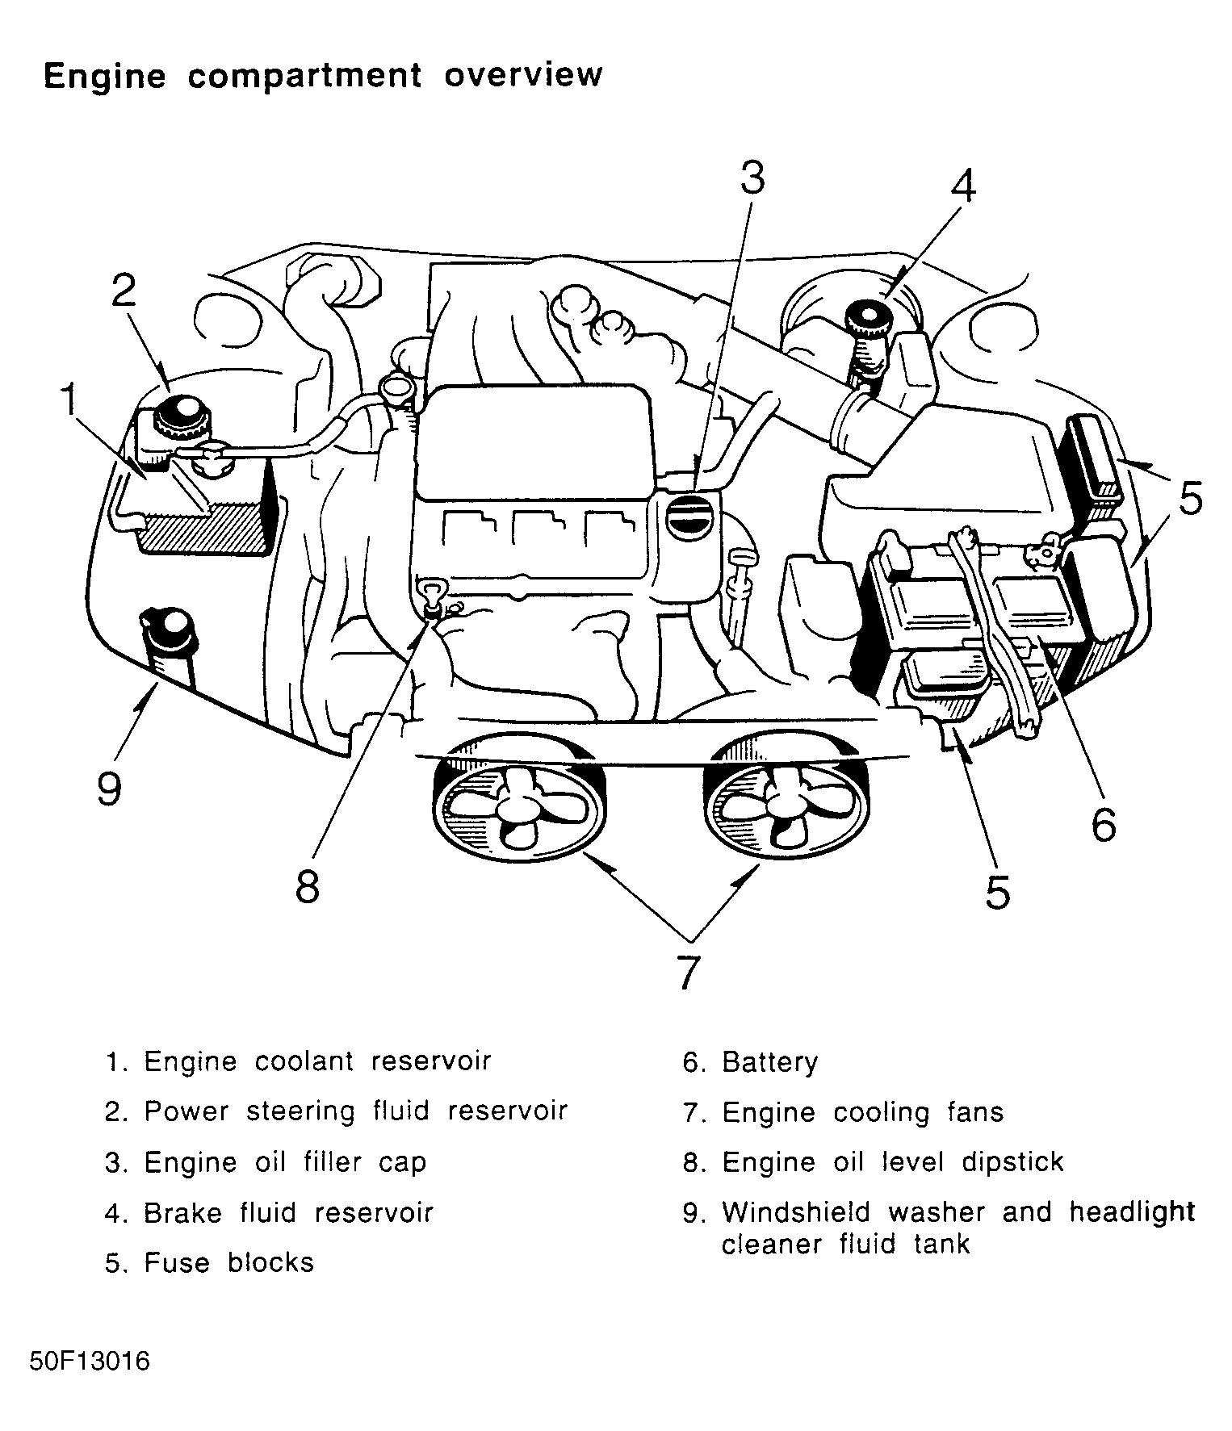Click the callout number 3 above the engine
pos(752,178)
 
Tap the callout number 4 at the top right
pos(962,186)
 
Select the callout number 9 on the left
pos(109,787)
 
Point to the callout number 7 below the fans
pos(686,973)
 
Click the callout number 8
pos(308,886)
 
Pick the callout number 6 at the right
pos(1104,824)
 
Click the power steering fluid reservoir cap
pos(183,415)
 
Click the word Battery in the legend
pos(769,1062)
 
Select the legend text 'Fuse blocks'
pos(228,1262)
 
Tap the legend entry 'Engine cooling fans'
pos(862,1113)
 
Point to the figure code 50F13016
pos(90,1362)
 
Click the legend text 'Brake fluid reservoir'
pos(288,1212)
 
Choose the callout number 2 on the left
pos(123,291)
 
